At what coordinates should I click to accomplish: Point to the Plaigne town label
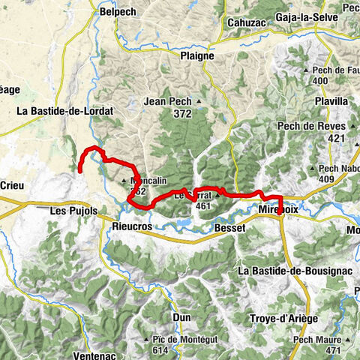196,55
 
